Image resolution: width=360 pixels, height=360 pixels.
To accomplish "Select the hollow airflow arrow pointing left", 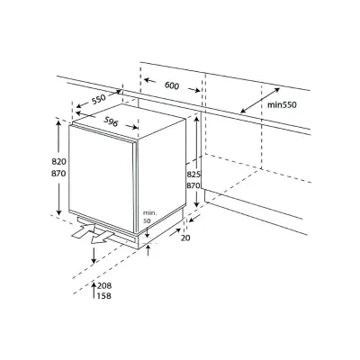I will click(83, 237).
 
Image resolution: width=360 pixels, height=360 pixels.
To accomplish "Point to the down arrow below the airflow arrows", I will click(94, 256).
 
